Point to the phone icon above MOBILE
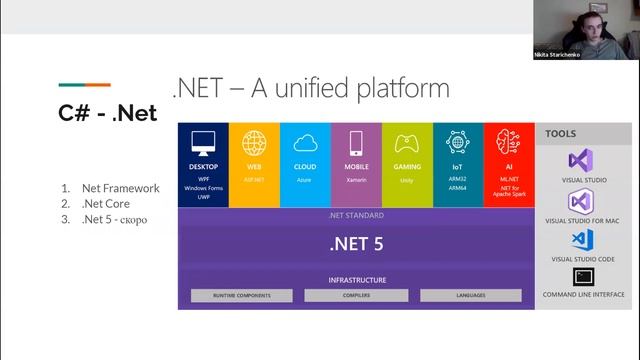point(356,142)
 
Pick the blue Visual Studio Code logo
point(583,239)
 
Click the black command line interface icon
point(583,276)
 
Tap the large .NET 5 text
point(356,243)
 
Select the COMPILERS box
point(356,296)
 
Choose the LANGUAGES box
point(470,296)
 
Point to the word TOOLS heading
point(561,133)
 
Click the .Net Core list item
point(106,204)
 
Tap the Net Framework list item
point(120,188)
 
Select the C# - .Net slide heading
point(108,113)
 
